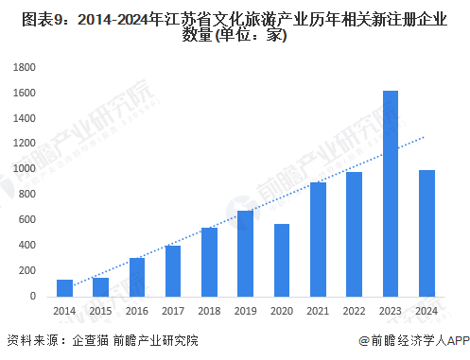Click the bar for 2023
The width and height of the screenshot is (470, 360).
[x=391, y=194]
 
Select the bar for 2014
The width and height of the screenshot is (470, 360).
[x=64, y=288]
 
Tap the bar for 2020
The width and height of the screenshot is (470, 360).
[x=282, y=260]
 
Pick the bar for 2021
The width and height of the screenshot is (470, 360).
[x=318, y=239]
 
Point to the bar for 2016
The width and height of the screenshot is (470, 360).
[x=137, y=277]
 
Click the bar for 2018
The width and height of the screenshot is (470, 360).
[x=209, y=262]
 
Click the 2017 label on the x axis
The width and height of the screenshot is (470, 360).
[x=173, y=311]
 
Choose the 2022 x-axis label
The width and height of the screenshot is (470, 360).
[x=355, y=311]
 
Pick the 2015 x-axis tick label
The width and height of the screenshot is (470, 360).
[x=100, y=311]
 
